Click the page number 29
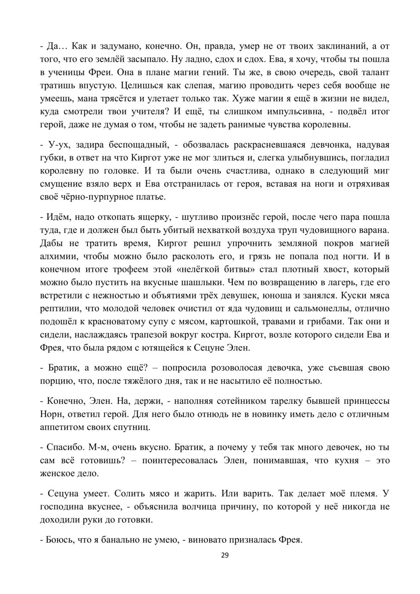pos(225,555)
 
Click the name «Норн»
pos(52,414)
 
